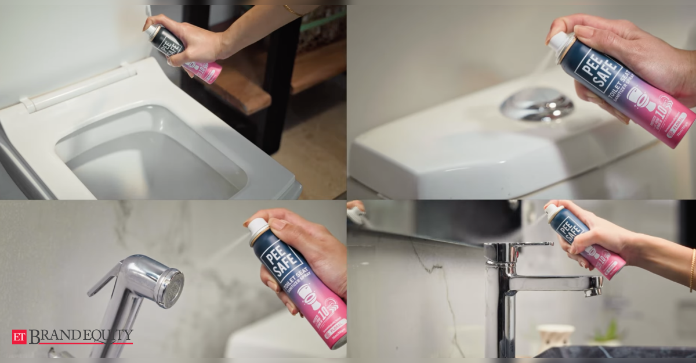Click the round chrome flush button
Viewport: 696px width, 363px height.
point(536,105)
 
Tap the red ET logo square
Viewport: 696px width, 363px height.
point(19,337)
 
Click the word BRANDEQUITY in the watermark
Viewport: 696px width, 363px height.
point(81,336)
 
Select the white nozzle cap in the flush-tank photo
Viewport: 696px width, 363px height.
point(559,42)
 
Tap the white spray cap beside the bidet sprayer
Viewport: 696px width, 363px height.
point(258,227)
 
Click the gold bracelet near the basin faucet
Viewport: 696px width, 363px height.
point(692,270)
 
